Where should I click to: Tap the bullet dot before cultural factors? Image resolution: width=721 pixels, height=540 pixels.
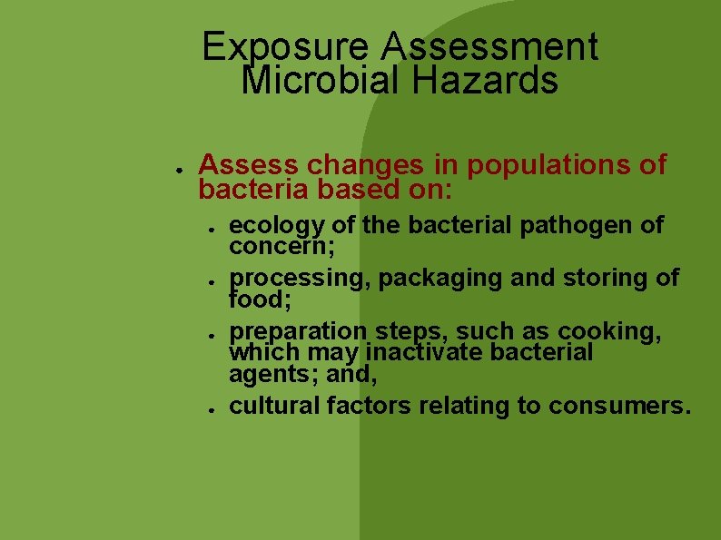tap(209, 408)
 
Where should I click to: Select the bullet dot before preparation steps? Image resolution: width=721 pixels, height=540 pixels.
tap(209, 334)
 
